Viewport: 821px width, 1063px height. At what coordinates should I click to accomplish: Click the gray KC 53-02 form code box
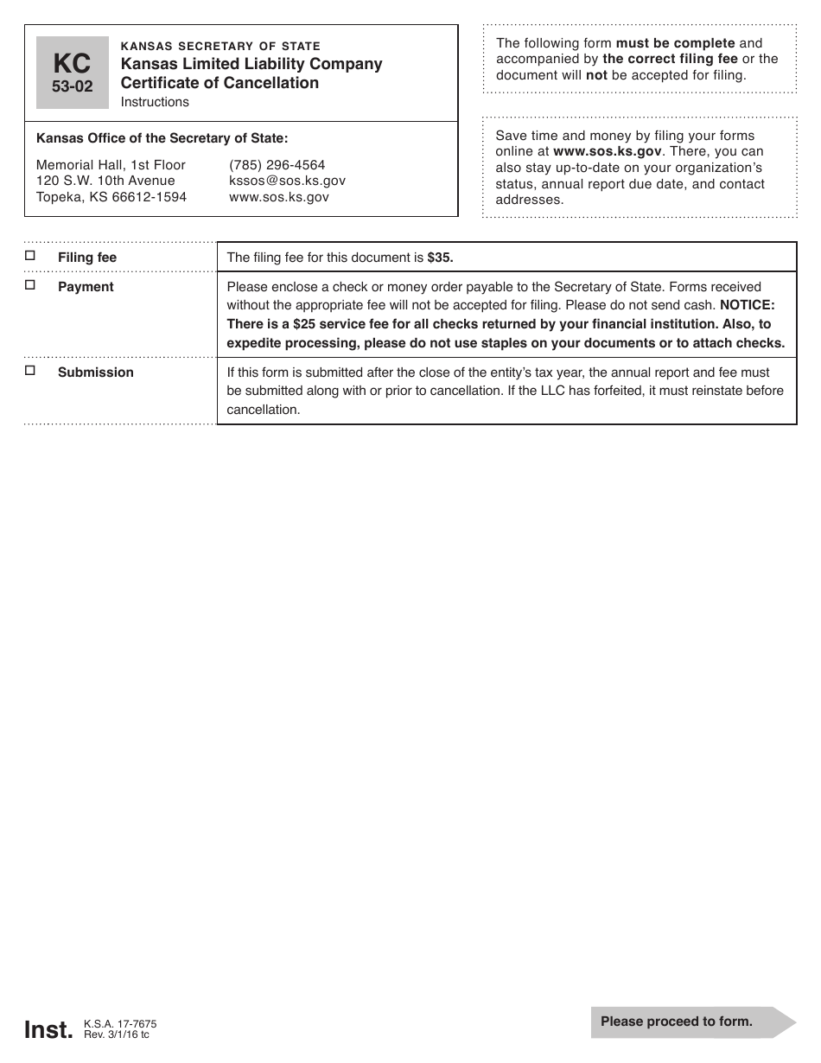tap(73, 73)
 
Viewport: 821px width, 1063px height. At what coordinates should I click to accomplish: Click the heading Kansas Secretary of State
tap(220, 46)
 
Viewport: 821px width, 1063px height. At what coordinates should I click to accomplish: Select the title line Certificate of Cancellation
tap(220, 83)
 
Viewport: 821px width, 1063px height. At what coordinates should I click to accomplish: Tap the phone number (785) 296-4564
tap(277, 164)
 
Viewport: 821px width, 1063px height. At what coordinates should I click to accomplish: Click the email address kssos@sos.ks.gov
tap(287, 181)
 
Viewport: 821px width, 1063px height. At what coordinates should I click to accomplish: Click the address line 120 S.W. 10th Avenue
tap(105, 181)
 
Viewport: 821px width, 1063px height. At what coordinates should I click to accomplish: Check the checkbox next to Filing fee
tap(30, 256)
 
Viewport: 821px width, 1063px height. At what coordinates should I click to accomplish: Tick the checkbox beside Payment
tap(30, 285)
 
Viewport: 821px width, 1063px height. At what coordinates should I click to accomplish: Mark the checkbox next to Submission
tap(30, 371)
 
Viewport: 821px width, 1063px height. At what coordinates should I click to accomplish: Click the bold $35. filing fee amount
tap(440, 258)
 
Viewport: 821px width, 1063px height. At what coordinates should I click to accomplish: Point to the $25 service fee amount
tap(308, 324)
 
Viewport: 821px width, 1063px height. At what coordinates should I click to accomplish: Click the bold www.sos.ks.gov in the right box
tap(608, 151)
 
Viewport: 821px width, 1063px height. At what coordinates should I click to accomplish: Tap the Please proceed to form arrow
tap(692, 1022)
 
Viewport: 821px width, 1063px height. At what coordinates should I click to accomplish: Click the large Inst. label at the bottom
tap(48, 1029)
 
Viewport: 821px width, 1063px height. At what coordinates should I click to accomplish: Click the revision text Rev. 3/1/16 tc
tap(117, 1034)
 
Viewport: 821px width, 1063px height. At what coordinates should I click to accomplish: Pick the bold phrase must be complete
tap(675, 43)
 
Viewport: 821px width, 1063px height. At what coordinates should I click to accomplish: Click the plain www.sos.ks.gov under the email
tap(278, 197)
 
